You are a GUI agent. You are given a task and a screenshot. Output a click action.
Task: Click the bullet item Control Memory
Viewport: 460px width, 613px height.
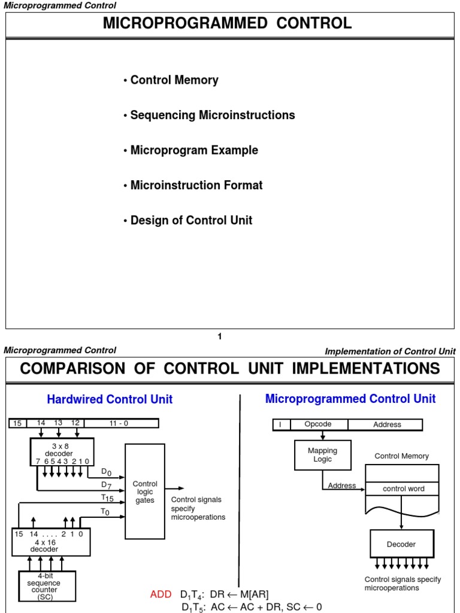coord(174,80)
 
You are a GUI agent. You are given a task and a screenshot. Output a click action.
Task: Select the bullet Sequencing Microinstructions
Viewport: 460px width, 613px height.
coord(212,115)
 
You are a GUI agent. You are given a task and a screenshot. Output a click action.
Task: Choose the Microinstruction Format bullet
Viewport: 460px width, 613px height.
coord(196,186)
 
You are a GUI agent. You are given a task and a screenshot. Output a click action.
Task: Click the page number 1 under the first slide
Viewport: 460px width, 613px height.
coord(220,336)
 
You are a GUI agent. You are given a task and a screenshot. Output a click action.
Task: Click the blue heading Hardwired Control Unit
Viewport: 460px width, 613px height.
coord(110,399)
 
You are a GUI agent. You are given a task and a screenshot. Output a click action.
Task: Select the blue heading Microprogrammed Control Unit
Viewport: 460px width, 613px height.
coord(350,399)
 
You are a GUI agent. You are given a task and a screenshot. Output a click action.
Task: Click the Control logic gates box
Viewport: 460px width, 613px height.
coord(144,491)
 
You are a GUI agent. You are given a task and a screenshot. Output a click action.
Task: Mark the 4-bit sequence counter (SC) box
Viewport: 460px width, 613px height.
coord(45,585)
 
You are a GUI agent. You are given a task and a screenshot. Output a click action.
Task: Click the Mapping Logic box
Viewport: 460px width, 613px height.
coord(322,455)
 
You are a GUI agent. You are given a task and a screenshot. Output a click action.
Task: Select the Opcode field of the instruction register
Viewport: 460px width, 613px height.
coord(317,424)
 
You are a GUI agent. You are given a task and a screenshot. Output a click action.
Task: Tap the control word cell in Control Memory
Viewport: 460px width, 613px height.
coord(403,488)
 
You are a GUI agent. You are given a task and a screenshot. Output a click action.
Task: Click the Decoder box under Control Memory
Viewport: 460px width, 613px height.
coord(401,544)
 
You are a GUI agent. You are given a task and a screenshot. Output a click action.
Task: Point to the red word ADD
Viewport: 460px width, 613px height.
coord(161,594)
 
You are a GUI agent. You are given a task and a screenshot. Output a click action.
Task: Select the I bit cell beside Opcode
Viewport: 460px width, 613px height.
coord(280,424)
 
